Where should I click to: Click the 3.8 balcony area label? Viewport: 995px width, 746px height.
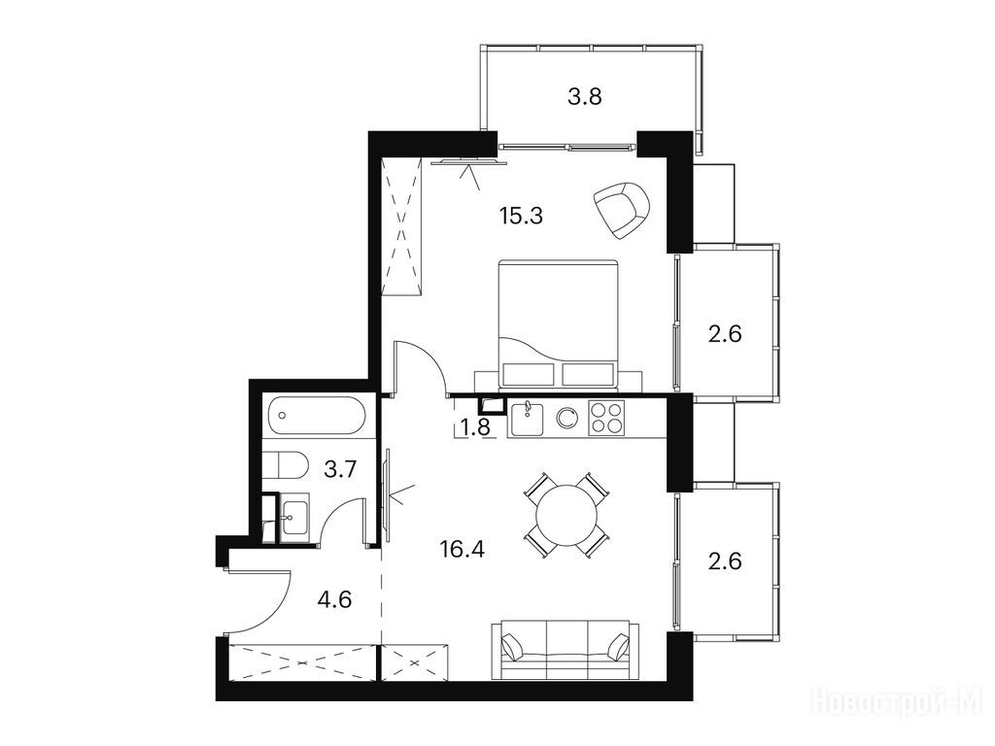click(x=584, y=97)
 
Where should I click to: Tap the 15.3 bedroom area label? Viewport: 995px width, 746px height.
click(x=521, y=217)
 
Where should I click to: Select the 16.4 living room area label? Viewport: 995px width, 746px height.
click(x=462, y=549)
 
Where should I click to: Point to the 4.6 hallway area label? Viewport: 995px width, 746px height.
click(x=334, y=599)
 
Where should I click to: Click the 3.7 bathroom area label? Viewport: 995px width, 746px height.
click(x=340, y=469)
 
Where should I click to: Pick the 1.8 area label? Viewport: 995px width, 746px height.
click(x=475, y=427)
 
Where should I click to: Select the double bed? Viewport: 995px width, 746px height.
click(x=558, y=323)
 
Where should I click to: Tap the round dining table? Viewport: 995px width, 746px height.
click(x=566, y=515)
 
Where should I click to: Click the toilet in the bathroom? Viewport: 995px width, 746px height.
click(x=285, y=465)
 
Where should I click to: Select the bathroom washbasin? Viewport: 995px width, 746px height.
click(x=295, y=518)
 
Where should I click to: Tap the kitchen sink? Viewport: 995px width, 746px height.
click(x=527, y=418)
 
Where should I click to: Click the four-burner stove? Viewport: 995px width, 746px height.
click(x=606, y=418)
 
